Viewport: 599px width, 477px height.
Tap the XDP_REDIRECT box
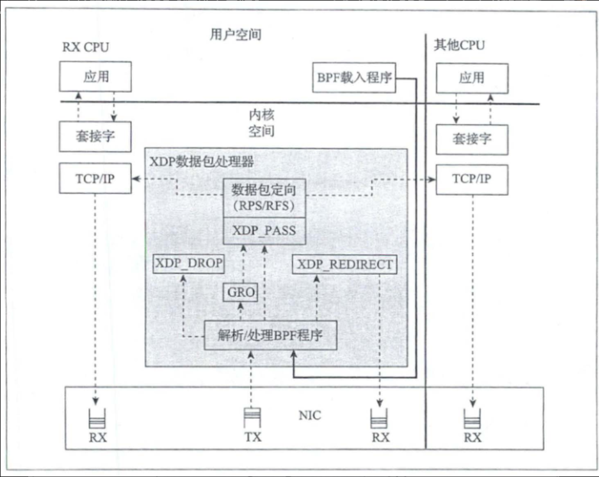(x=344, y=264)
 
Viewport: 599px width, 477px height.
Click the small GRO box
(x=240, y=293)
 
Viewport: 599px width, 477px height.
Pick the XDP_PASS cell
(x=263, y=231)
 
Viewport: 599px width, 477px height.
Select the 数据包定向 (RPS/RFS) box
(x=263, y=198)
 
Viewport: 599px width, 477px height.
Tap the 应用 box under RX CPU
(x=96, y=77)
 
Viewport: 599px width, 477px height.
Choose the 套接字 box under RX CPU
(x=96, y=137)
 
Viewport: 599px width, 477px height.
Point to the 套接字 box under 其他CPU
(x=472, y=139)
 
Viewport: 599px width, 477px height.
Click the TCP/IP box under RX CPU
(x=96, y=178)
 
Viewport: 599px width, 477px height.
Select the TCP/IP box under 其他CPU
(x=472, y=178)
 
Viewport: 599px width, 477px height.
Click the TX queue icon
(x=252, y=416)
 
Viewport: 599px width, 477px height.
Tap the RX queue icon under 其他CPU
(x=473, y=417)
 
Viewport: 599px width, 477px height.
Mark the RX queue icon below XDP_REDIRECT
(x=380, y=417)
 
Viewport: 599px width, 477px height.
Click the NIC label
(x=310, y=415)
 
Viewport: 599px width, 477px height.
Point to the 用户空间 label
(x=235, y=35)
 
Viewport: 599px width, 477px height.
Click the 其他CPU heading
(x=459, y=46)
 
